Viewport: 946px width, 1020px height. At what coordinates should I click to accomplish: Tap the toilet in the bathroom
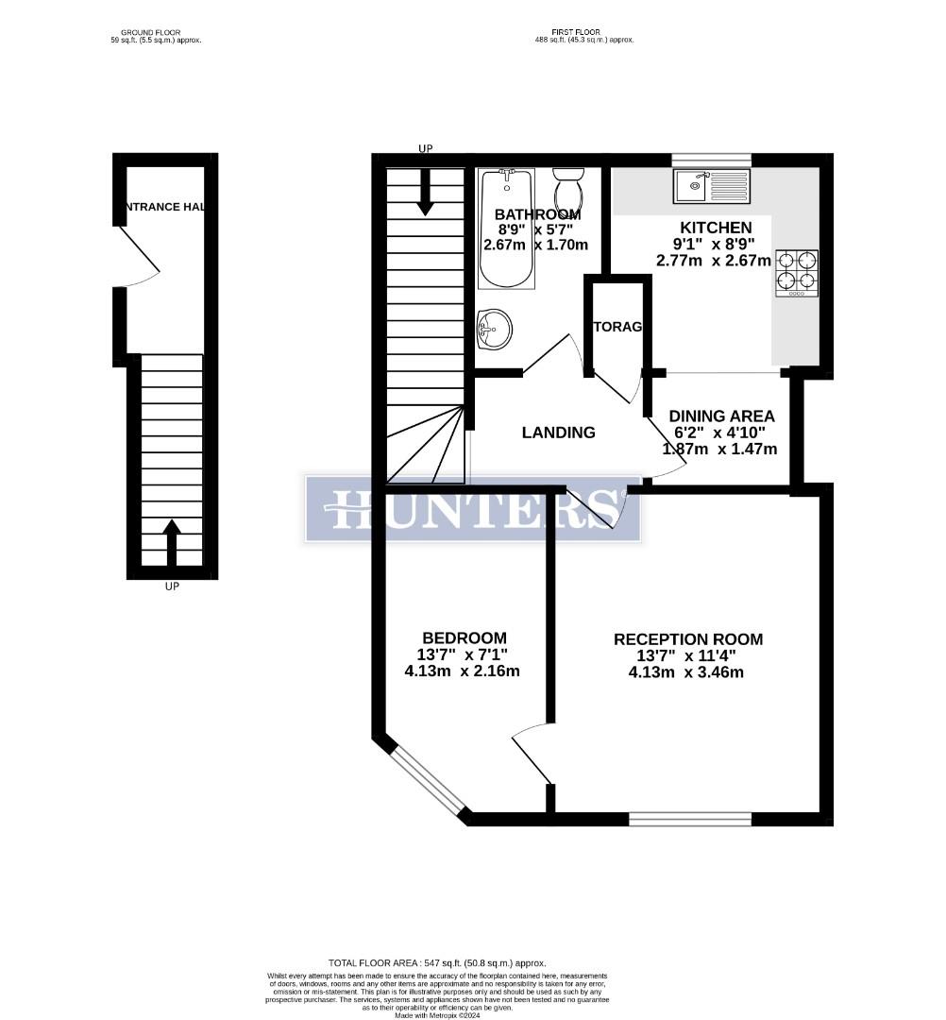(x=568, y=192)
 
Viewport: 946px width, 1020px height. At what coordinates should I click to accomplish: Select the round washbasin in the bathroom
(x=495, y=328)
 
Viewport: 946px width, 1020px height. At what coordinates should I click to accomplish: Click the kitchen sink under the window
(x=711, y=186)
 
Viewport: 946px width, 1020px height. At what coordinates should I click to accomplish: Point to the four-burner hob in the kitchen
(x=797, y=271)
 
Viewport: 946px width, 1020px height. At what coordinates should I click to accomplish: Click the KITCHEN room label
(x=716, y=228)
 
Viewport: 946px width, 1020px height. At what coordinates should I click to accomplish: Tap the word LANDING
(x=559, y=433)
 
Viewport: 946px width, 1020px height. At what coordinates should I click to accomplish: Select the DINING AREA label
(x=721, y=416)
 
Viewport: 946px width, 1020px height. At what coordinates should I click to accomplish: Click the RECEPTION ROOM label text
(x=687, y=639)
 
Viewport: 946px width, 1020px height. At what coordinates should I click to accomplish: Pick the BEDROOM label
(x=464, y=638)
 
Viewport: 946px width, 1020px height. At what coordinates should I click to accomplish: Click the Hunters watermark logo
(x=472, y=509)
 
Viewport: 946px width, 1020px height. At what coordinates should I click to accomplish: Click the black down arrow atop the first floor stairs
(x=425, y=191)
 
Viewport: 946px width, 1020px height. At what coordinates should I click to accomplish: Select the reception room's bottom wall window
(x=690, y=818)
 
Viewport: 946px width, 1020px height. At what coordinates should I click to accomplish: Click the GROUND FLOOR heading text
(x=156, y=32)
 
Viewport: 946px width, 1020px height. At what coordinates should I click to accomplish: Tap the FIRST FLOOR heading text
(x=582, y=32)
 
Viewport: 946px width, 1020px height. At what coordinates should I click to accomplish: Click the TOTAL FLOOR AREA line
(x=437, y=962)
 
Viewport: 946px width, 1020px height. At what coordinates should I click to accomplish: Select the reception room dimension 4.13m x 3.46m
(x=686, y=672)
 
